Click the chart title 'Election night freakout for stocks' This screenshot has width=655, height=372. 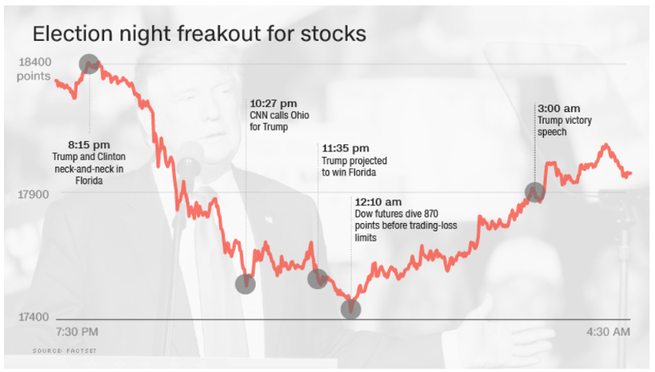click(x=198, y=35)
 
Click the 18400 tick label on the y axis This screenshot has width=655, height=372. click(x=35, y=63)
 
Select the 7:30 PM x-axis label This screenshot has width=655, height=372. click(x=77, y=332)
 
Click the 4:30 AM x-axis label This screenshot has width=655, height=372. click(x=608, y=332)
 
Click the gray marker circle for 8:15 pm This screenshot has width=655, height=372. click(x=89, y=64)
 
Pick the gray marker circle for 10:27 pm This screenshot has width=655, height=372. click(x=245, y=283)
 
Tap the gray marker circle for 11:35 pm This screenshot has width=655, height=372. click(x=318, y=279)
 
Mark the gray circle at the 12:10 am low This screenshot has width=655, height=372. click(x=351, y=308)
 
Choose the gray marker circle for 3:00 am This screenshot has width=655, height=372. click(x=535, y=192)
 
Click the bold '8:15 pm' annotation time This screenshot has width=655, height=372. click(x=88, y=144)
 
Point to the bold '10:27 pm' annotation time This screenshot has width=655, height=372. click(x=273, y=104)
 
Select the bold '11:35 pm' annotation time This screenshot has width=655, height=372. click(x=345, y=149)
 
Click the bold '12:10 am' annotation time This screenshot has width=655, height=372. click(x=378, y=201)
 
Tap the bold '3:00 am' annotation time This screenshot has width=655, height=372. click(x=559, y=109)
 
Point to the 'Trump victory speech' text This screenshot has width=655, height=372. click(x=564, y=126)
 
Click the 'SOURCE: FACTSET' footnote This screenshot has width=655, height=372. click(x=60, y=351)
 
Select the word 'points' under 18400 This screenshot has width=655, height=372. click(x=33, y=76)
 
